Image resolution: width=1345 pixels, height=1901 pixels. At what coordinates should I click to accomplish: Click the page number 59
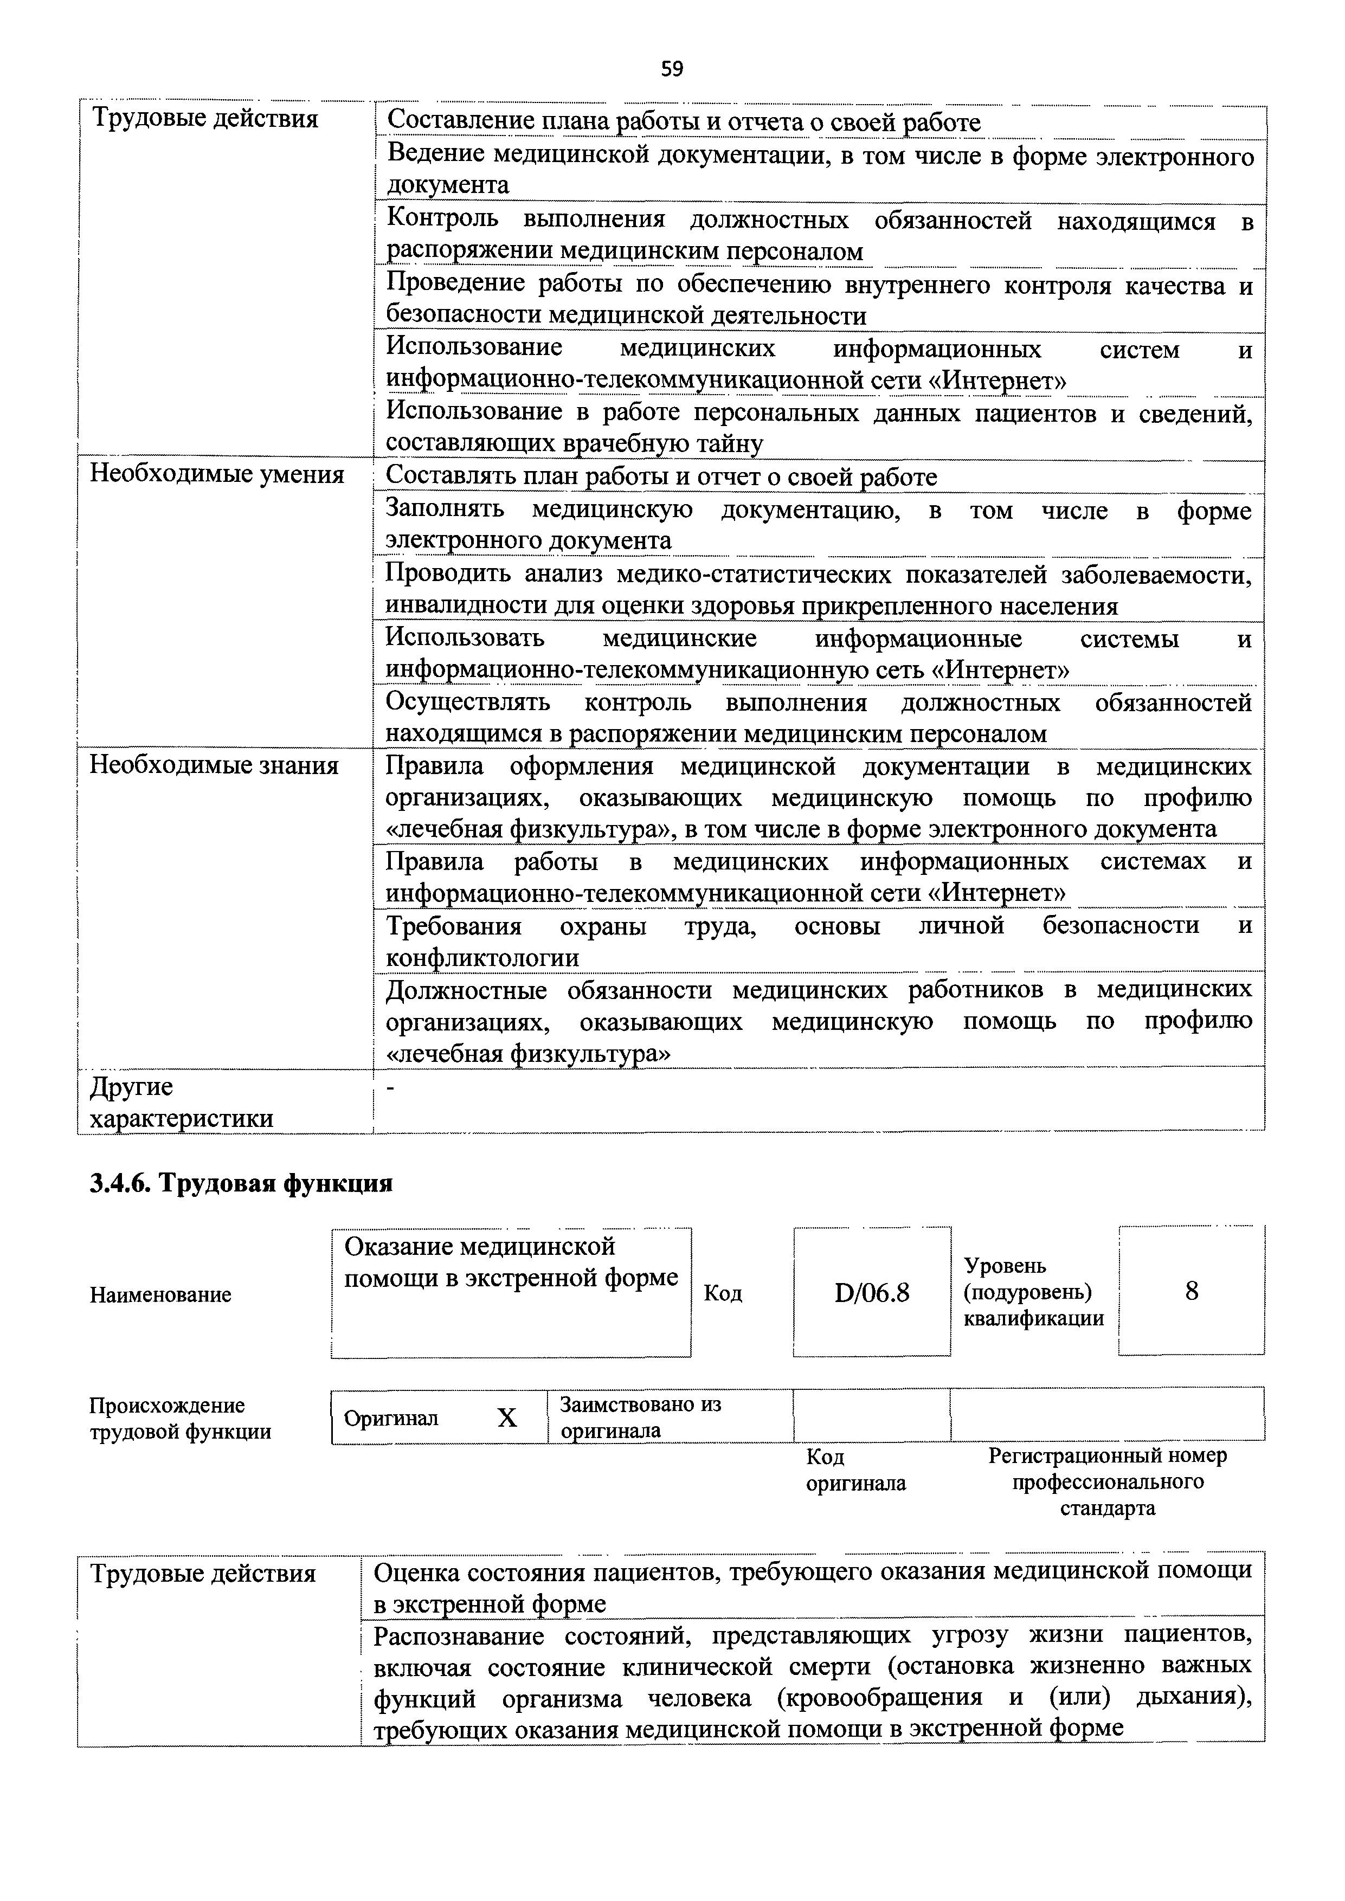672,69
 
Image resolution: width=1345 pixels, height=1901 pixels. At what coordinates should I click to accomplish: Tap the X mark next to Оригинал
507,1419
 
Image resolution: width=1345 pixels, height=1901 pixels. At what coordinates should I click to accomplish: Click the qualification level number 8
1191,1291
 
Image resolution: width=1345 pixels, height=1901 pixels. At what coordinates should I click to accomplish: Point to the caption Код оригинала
855,1470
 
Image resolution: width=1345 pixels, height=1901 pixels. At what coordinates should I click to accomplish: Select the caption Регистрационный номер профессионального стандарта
1108,1481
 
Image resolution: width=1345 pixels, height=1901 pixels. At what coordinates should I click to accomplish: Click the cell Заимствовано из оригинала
640,1417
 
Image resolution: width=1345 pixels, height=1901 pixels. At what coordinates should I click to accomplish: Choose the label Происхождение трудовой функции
181,1419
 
